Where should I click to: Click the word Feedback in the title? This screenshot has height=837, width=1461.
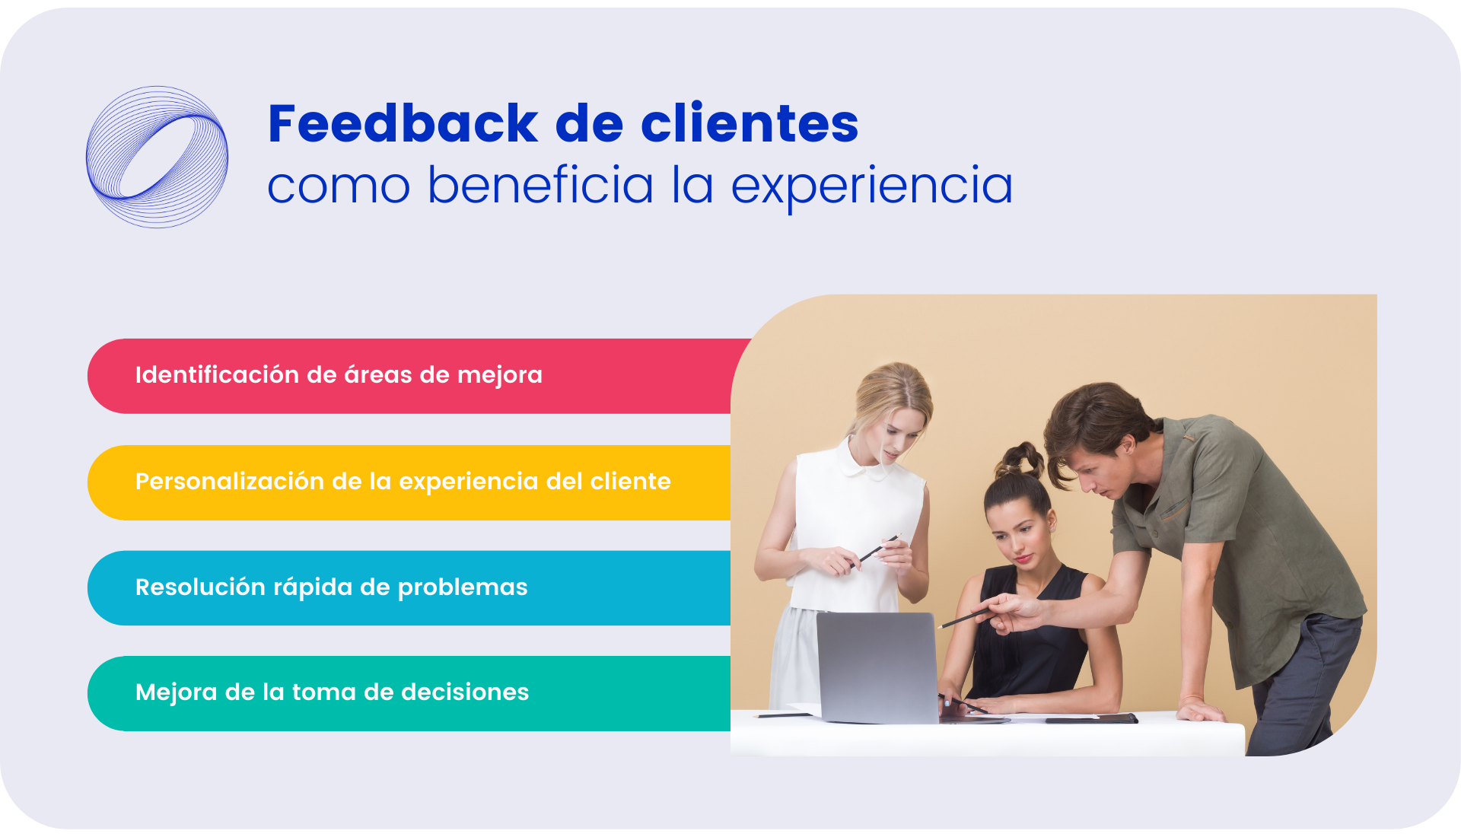point(403,123)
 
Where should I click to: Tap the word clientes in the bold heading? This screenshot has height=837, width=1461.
point(750,123)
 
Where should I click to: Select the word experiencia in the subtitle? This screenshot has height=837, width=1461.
point(872,186)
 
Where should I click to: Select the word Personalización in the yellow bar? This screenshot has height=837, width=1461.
point(230,481)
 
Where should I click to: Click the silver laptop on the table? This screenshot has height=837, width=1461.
point(877,668)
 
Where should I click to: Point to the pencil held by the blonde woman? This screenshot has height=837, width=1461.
point(877,549)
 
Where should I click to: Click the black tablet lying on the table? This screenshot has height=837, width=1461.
point(1091,718)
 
